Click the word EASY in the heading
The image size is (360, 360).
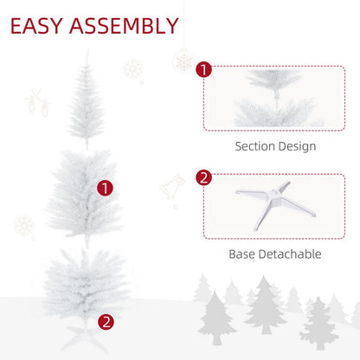click(x=42, y=25)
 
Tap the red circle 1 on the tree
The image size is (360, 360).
click(x=105, y=187)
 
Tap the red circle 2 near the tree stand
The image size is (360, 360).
click(x=106, y=321)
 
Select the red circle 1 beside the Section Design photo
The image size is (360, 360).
click(x=203, y=70)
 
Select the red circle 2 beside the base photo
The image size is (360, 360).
click(x=203, y=178)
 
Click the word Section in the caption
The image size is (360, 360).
click(x=257, y=146)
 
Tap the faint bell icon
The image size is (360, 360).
click(x=171, y=190)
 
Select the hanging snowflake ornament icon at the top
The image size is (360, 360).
click(x=183, y=61)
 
